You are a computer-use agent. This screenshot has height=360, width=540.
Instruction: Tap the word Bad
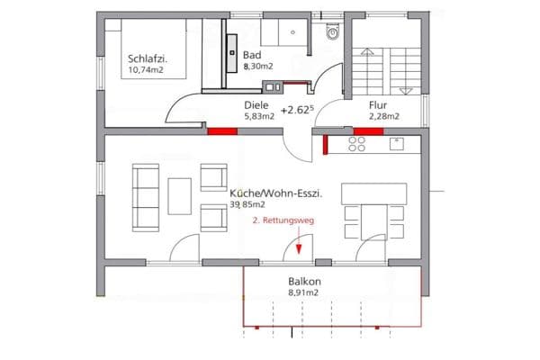pos(252,54)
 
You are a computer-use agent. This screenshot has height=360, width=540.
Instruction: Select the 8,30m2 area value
pos(259,66)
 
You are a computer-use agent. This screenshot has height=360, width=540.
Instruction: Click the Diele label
pos(256,104)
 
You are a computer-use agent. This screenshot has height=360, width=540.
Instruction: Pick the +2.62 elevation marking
pos(296,110)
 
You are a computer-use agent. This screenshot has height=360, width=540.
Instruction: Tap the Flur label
pos(378,104)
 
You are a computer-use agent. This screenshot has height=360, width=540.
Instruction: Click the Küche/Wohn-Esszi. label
pos(277,193)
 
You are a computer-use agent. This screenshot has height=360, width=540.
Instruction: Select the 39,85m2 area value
pos(247,205)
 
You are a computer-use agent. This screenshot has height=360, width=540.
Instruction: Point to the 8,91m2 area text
pos(305,292)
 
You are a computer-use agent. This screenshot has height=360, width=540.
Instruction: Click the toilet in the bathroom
pos(332,32)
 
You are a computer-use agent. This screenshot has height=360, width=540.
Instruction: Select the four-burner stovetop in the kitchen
pos(355,144)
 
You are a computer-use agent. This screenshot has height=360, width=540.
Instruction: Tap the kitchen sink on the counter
pos(397,142)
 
